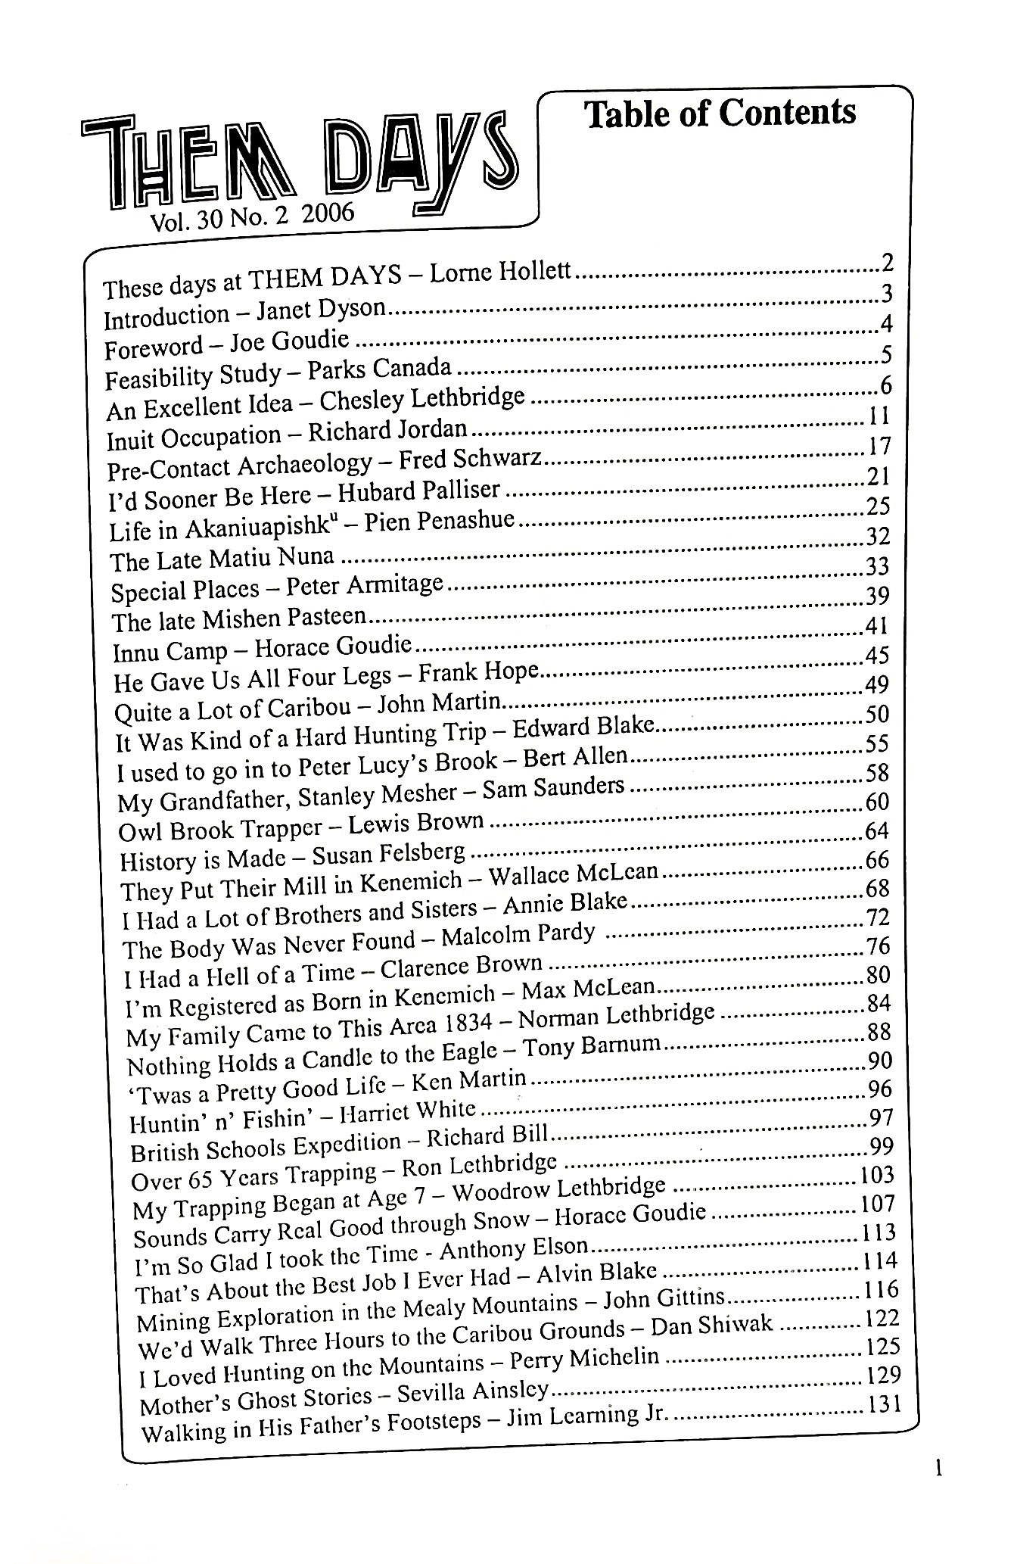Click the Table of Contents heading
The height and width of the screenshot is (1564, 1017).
point(720,114)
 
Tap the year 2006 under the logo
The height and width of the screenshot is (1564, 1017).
point(328,214)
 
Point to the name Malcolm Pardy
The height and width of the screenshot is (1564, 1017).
point(518,936)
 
